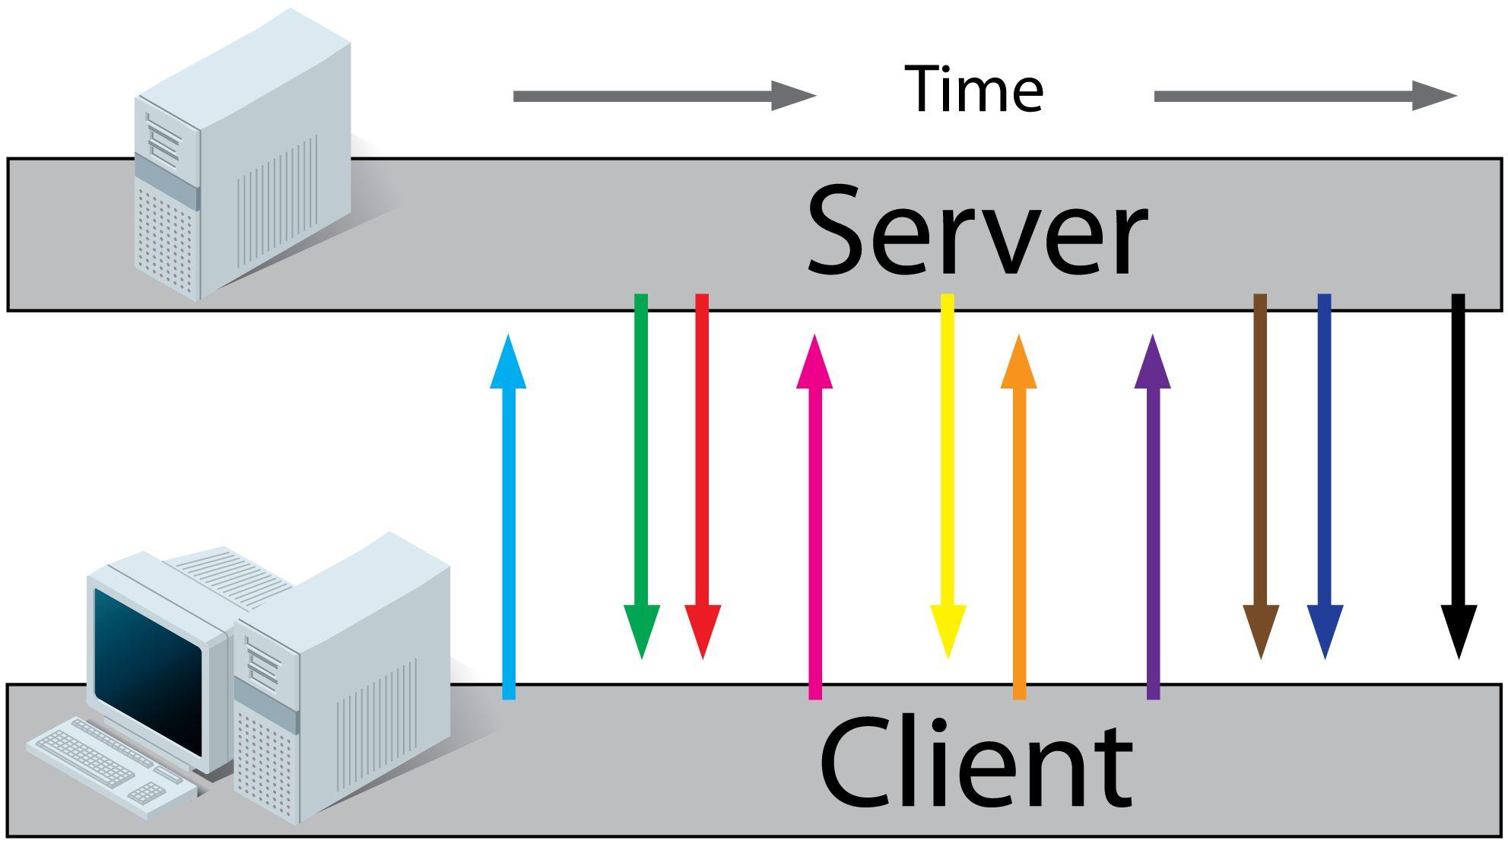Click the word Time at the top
(x=973, y=90)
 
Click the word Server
(x=976, y=231)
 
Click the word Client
(x=976, y=763)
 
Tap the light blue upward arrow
(x=509, y=517)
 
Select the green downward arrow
(x=641, y=471)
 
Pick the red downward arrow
(x=702, y=471)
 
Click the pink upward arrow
(x=814, y=517)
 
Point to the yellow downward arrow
(x=948, y=471)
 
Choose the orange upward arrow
(x=1019, y=517)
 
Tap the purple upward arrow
(x=1153, y=517)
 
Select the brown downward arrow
(x=1260, y=471)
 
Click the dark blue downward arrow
(x=1324, y=471)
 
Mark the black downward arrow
(x=1458, y=471)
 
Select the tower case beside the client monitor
(x=342, y=684)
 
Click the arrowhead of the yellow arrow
(x=948, y=628)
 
